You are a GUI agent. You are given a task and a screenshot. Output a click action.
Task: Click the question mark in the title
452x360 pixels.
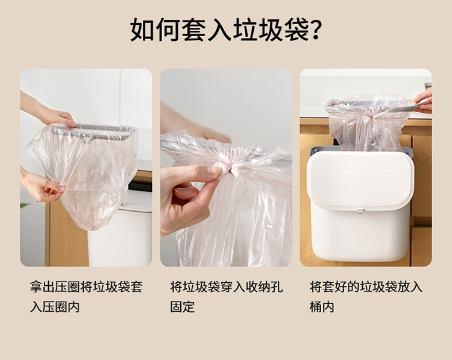click(315, 30)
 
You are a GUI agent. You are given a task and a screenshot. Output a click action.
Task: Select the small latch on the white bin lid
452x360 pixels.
click(360, 211)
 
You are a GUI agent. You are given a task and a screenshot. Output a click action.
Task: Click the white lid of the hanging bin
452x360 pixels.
click(360, 180)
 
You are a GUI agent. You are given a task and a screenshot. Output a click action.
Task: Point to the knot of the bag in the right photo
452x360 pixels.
click(367, 119)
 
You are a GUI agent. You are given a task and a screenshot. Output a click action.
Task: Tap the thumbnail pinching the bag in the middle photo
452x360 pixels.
click(215, 171)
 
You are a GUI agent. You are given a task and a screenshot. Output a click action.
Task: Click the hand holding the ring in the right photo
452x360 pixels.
click(423, 101)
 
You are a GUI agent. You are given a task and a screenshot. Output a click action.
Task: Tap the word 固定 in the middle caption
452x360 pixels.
click(183, 307)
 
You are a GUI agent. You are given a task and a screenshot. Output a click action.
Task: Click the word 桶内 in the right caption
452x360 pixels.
click(322, 307)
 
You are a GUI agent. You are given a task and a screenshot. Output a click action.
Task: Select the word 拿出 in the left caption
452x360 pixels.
click(42, 286)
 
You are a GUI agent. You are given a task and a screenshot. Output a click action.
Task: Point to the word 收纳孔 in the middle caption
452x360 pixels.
click(264, 286)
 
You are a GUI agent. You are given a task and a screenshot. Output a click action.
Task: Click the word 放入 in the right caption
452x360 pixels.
click(410, 286)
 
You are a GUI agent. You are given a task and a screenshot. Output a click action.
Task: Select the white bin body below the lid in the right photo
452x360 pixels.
click(360, 233)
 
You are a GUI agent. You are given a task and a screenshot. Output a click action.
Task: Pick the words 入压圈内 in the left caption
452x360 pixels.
click(55, 307)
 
